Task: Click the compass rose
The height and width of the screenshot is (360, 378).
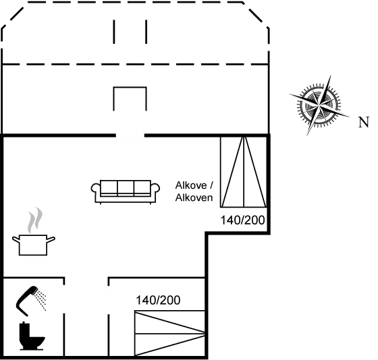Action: tap(315, 104)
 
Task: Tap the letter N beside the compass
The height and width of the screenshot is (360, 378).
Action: tap(364, 123)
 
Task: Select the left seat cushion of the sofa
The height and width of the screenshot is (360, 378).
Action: tap(109, 187)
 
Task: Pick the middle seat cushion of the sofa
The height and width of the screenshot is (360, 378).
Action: tap(126, 187)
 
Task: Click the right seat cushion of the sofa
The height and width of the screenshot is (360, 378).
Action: tap(142, 187)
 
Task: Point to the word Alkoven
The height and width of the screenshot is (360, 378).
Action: tap(194, 198)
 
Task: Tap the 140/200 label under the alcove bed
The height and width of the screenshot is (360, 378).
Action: tap(243, 220)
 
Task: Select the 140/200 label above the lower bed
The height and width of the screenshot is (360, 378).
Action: tap(158, 301)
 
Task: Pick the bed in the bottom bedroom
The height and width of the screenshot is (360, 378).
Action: tap(169, 331)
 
